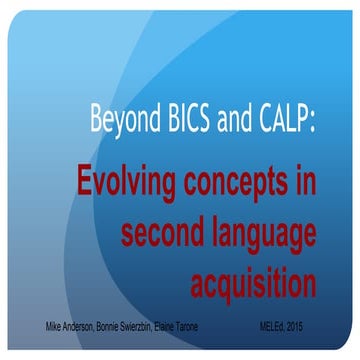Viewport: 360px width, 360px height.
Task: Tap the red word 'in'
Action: click(305, 185)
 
